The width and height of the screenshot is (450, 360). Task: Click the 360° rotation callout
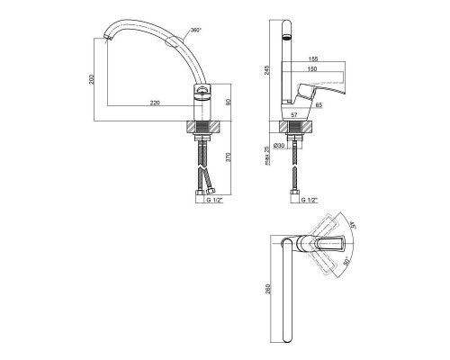[197, 31]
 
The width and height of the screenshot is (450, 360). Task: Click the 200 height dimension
[92, 79]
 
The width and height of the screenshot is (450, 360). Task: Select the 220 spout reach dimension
[155, 103]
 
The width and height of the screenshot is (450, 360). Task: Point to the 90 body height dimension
[229, 102]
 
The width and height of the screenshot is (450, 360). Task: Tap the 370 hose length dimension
[229, 157]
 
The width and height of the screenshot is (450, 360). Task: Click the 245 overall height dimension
[266, 70]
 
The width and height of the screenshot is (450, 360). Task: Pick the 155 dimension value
[312, 59]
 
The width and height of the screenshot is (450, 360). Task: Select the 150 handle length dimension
[312, 69]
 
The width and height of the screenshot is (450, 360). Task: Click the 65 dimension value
[319, 104]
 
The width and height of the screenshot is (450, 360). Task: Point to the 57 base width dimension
[294, 114]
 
